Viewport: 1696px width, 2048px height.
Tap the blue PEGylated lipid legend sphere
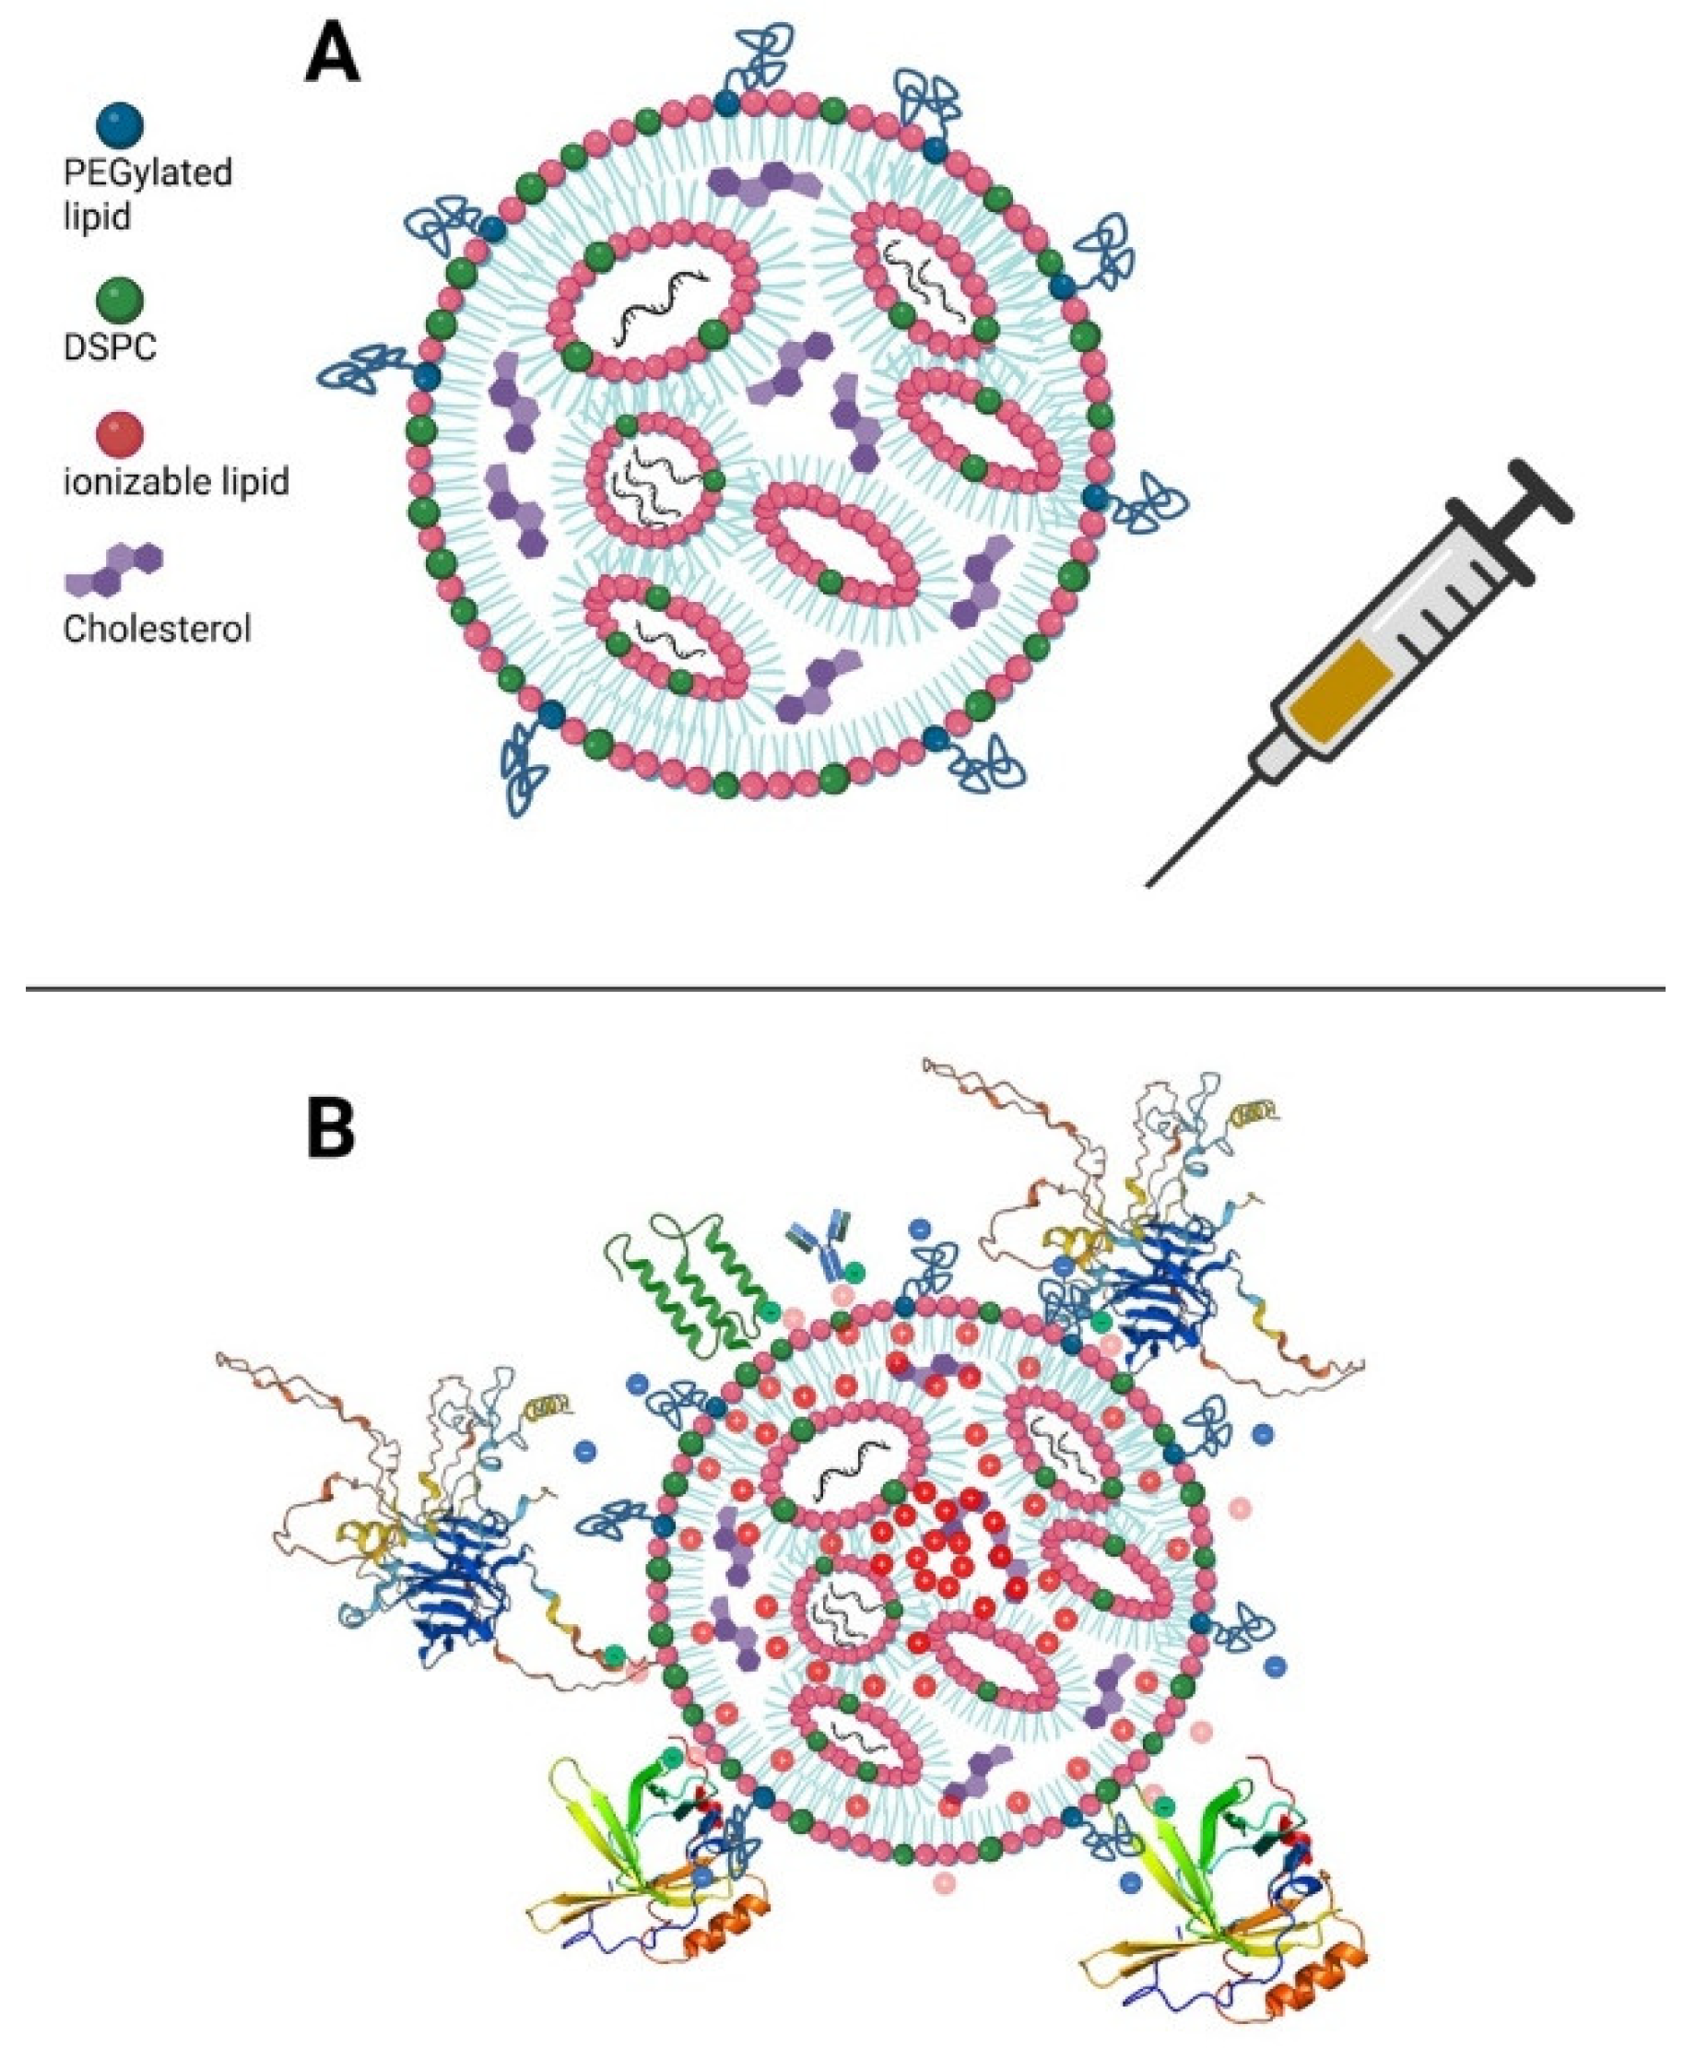[120, 124]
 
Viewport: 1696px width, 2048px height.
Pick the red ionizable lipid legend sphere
[120, 435]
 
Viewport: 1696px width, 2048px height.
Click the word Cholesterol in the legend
[157, 629]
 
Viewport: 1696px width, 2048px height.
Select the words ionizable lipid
[175, 482]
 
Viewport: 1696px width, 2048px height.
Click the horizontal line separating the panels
[844, 989]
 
